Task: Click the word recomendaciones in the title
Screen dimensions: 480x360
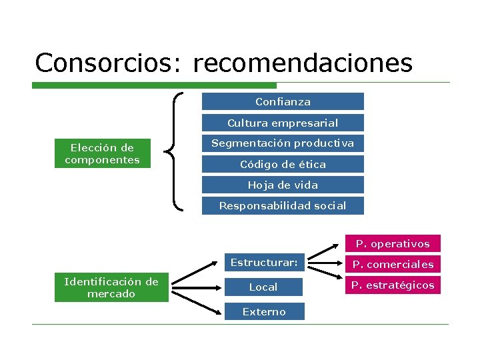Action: [303, 63]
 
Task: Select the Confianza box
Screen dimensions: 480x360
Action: [283, 101]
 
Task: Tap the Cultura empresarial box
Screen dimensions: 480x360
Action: [283, 123]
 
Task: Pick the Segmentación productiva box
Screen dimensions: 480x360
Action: [283, 143]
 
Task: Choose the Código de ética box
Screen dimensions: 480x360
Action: [283, 164]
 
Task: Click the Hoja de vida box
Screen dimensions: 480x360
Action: [283, 185]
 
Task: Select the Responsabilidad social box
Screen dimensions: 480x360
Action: [283, 205]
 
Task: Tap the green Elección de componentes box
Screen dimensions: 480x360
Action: [102, 153]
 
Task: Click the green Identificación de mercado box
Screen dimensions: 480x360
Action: [111, 287]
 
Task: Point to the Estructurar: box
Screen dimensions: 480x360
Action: [264, 262]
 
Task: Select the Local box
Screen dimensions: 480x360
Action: [263, 287]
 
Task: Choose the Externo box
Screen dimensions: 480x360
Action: [264, 311]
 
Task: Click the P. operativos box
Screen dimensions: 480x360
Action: [393, 243]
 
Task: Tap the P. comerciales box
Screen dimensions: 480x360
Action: [393, 264]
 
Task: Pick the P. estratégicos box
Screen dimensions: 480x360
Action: [393, 285]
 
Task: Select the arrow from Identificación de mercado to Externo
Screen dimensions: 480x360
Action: [196, 299]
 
